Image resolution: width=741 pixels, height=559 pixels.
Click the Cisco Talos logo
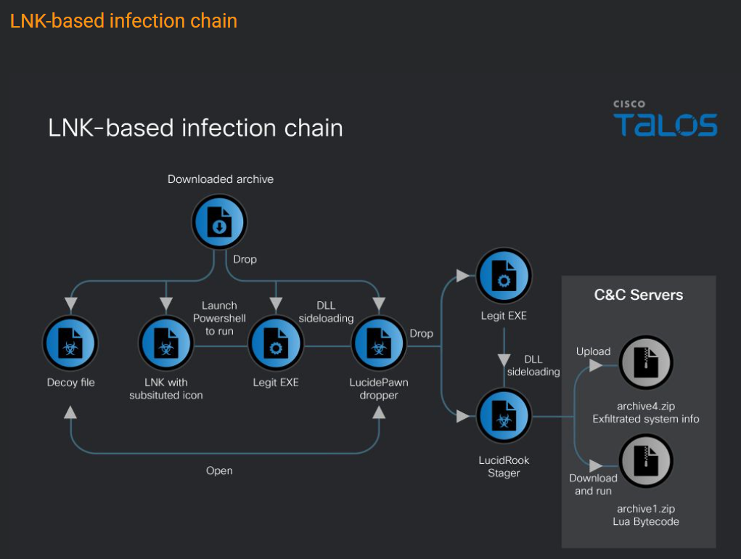click(665, 120)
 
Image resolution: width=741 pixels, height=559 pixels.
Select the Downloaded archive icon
click(219, 222)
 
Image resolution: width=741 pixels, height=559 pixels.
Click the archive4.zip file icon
click(646, 362)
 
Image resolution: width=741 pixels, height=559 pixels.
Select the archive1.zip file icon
click(646, 462)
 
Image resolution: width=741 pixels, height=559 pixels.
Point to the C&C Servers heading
click(639, 295)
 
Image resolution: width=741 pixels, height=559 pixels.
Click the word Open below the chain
click(219, 470)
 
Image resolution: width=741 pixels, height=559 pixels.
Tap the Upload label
click(593, 351)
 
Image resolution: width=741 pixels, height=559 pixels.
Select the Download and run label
click(593, 484)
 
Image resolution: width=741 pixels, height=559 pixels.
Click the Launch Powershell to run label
click(219, 318)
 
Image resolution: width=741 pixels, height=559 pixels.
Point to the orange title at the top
click(123, 20)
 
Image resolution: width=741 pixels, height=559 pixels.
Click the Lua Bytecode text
click(646, 522)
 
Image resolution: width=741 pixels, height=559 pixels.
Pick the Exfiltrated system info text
click(646, 419)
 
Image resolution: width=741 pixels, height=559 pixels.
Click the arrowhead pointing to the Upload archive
click(596, 366)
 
